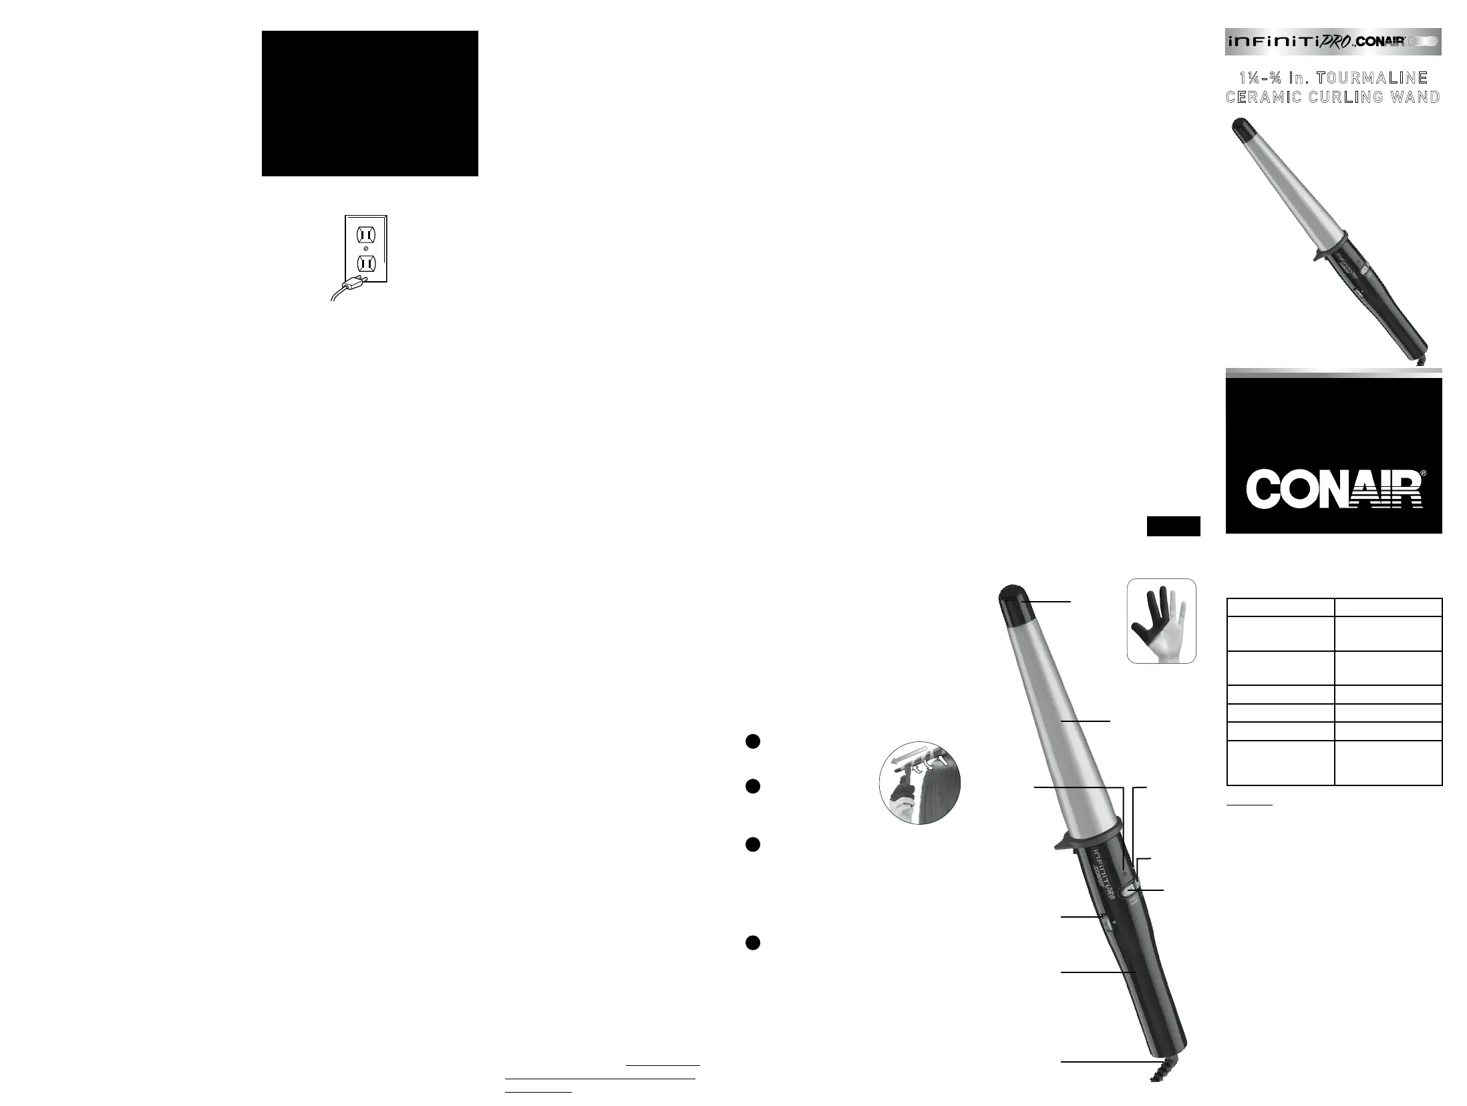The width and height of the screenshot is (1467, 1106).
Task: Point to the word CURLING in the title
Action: coord(1340,97)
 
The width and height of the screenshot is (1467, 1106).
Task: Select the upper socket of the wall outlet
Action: coord(366,235)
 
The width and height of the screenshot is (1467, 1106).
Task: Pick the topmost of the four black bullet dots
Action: coord(752,741)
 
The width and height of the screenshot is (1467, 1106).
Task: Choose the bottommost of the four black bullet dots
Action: coord(752,942)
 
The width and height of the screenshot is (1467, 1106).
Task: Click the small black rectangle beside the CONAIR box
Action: coord(1173,526)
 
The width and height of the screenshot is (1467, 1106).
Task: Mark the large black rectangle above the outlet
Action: coord(369,104)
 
